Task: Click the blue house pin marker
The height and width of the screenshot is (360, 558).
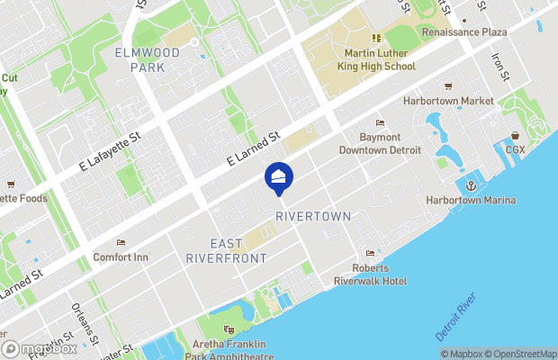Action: tap(278, 176)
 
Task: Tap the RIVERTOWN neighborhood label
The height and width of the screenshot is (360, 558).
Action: tap(313, 217)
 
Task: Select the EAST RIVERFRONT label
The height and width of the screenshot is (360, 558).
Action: tap(226, 251)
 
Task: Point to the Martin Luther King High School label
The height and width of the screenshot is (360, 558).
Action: tap(376, 59)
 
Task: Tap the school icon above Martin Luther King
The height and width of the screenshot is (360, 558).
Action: tap(376, 38)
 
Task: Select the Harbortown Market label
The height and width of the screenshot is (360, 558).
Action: tap(448, 101)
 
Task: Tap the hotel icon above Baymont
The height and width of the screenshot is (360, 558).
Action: tap(379, 123)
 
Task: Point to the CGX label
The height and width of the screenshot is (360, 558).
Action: tap(515, 149)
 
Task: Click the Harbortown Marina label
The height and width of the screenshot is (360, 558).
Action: tap(472, 199)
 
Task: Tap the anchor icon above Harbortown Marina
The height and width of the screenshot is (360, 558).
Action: tap(471, 184)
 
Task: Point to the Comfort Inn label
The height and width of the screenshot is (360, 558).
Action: tap(121, 256)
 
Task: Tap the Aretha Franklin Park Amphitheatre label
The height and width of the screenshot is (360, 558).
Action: tap(229, 350)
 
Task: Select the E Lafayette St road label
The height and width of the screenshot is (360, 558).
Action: tap(109, 151)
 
